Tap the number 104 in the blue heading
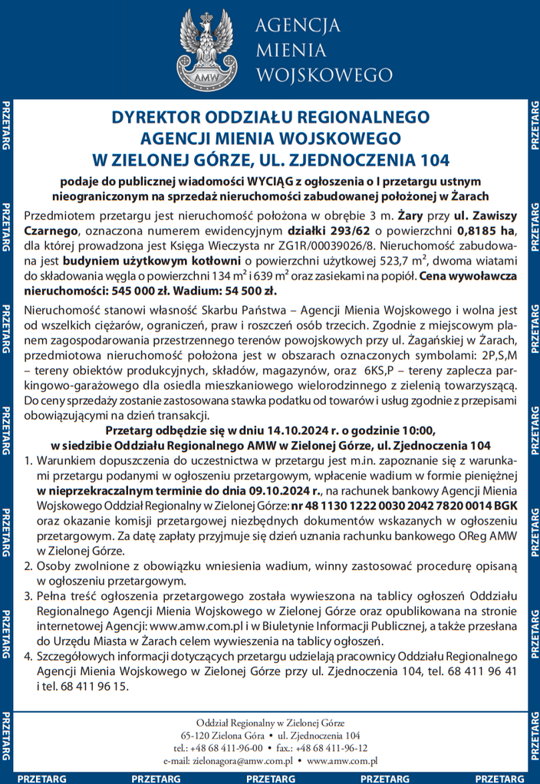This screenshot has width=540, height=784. click(423, 160)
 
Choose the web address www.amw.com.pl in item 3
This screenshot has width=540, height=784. click(219, 624)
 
